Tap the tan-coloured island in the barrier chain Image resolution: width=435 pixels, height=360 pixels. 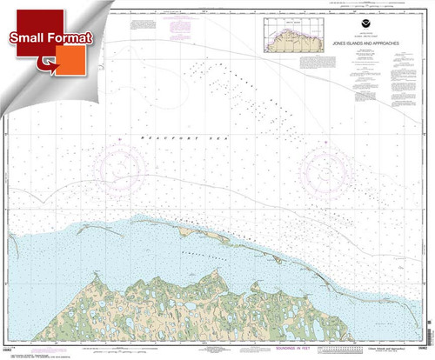(x=193, y=232)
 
